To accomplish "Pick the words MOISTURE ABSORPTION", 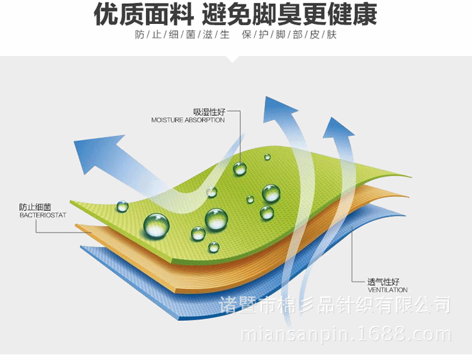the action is [x=188, y=120].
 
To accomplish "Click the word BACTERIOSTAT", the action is [x=38, y=215].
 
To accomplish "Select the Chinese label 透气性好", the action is [x=383, y=282].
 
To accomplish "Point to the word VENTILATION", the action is [x=387, y=290].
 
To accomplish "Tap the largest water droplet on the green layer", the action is [x=156, y=225].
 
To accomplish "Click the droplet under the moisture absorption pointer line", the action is [x=240, y=168].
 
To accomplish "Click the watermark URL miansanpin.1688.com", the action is [x=346, y=334].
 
